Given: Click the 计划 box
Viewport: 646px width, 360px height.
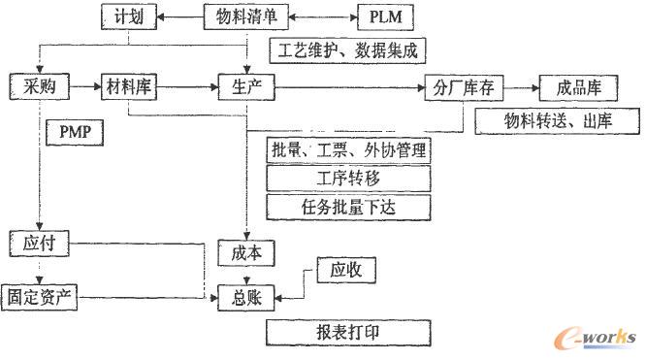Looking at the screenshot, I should click(x=130, y=16).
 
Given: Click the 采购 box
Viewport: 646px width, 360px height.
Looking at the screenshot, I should click(x=37, y=87).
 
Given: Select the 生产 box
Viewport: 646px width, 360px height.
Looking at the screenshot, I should click(x=246, y=87).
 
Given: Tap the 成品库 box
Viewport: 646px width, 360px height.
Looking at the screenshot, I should click(x=573, y=87).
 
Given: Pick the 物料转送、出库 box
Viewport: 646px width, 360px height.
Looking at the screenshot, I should click(x=557, y=120).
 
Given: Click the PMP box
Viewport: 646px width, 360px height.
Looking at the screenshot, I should click(x=75, y=129).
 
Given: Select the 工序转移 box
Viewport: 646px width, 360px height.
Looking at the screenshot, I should click(x=346, y=179).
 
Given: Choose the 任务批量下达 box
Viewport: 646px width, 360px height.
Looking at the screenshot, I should click(x=346, y=206).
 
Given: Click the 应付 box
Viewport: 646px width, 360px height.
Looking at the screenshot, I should click(x=37, y=243).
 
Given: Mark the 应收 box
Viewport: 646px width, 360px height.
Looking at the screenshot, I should click(x=346, y=270).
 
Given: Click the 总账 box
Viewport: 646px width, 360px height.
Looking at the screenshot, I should click(x=246, y=297).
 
